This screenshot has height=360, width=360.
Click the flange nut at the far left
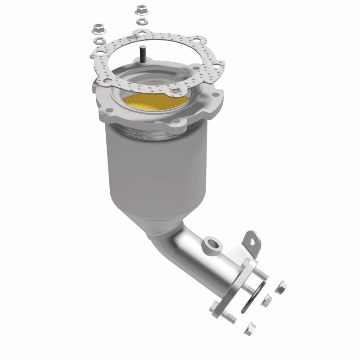pyautogui.click(x=98, y=29)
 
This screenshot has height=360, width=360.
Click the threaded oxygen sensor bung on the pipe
pyautogui.click(x=211, y=245)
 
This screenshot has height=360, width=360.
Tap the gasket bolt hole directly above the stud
pyautogui.click(x=143, y=32)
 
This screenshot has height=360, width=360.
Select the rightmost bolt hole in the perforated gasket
pyautogui.click(x=215, y=67)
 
